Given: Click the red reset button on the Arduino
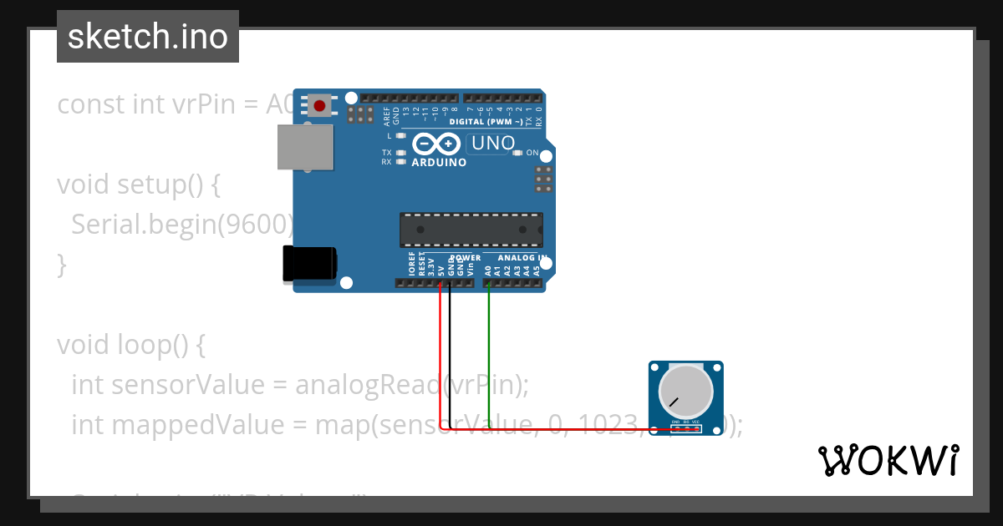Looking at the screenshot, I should (319, 105).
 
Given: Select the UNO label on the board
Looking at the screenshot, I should (493, 144).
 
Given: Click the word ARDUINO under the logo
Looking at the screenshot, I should (439, 162).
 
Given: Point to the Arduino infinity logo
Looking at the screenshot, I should (435, 144).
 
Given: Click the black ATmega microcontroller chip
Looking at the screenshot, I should (471, 230).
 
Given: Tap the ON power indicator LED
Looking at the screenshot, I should (518, 153).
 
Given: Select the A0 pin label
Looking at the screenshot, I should (488, 270).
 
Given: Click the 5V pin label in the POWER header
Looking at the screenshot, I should (440, 270).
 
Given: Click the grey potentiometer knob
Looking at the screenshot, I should (685, 391).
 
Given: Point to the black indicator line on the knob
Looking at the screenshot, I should (673, 406).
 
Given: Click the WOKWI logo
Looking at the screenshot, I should (888, 460).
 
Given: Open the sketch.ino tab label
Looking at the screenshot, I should (148, 37).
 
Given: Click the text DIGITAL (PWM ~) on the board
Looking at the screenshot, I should (486, 122).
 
